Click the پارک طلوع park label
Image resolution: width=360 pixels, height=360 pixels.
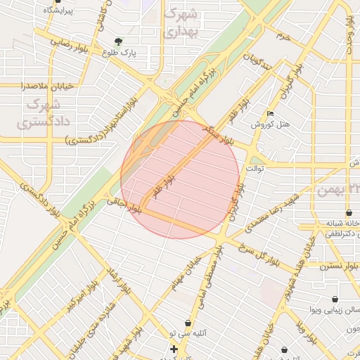point(118,53)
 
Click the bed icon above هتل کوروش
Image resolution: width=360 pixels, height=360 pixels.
point(271,114)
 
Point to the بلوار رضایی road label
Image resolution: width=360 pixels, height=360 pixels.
point(70,42)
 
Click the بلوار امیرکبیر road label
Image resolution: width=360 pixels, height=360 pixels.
point(80,299)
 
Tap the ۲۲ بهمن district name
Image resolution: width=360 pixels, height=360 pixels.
point(338,191)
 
